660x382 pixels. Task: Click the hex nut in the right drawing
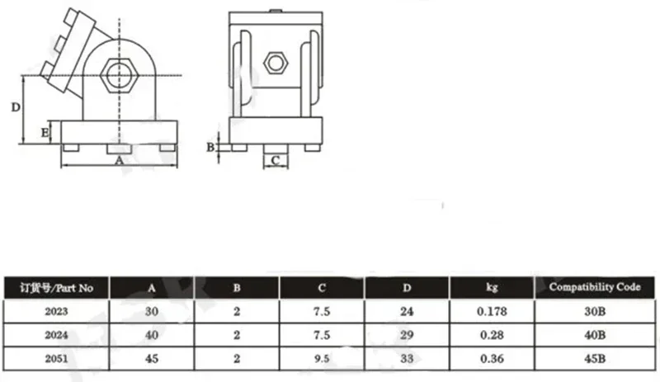(x=276, y=64)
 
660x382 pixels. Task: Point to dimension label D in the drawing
(x=16, y=107)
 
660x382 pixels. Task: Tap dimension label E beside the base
(x=45, y=133)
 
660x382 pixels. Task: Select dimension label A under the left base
(x=119, y=160)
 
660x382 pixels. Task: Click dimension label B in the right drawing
(x=210, y=148)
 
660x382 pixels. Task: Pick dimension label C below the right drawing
(x=276, y=160)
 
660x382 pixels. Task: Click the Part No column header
(x=56, y=288)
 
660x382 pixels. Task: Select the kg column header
(x=492, y=287)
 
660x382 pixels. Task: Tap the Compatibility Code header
(x=595, y=287)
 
